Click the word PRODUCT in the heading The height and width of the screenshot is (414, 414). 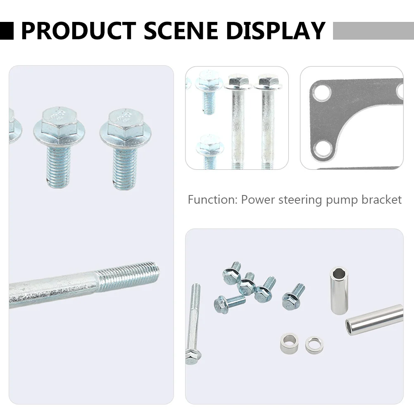click(78, 31)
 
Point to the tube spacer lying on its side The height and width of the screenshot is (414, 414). click(374, 320)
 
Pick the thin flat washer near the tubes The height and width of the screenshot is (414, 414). click(314, 345)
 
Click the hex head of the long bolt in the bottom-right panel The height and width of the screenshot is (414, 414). click(193, 356)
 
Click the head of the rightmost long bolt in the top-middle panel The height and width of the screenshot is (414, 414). click(267, 83)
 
